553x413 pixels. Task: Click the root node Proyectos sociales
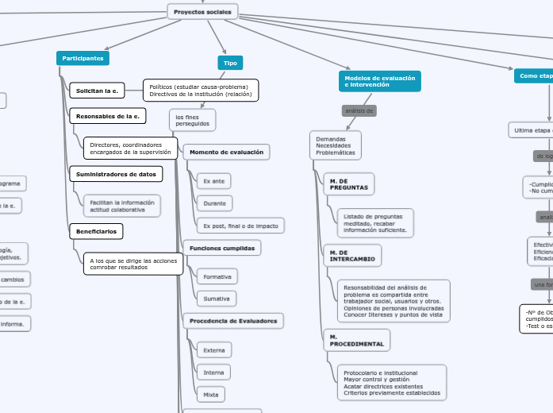click(202, 12)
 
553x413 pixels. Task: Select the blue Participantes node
click(83, 58)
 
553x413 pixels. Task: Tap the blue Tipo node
click(230, 63)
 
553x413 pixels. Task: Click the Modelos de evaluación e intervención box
click(380, 81)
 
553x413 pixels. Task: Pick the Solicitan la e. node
click(96, 91)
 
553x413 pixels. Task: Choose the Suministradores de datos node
click(115, 173)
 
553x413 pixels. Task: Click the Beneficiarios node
click(96, 231)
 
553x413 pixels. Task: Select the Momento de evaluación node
click(227, 152)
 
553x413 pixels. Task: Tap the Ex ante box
click(213, 181)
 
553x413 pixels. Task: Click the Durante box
click(214, 203)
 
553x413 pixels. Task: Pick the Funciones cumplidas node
click(221, 249)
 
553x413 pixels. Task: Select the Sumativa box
click(217, 299)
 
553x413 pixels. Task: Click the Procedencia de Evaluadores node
click(233, 321)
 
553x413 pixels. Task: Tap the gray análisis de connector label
click(359, 110)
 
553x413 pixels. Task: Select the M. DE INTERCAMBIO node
click(352, 255)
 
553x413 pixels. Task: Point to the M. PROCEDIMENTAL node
click(356, 341)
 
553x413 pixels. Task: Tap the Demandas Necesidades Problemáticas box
click(336, 145)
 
